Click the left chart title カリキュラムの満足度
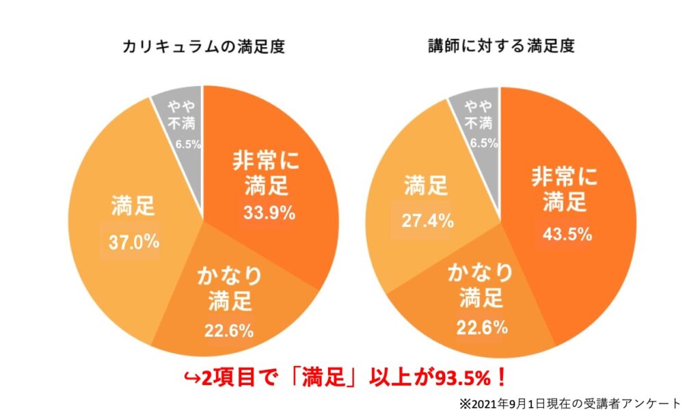(x=203, y=47)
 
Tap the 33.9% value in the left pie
(x=269, y=213)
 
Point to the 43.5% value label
(x=567, y=233)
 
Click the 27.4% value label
(x=428, y=220)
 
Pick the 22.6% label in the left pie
(x=229, y=331)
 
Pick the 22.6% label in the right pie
(x=482, y=327)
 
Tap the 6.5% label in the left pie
(x=187, y=144)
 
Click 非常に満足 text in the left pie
(x=269, y=174)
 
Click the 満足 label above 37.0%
(x=133, y=205)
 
